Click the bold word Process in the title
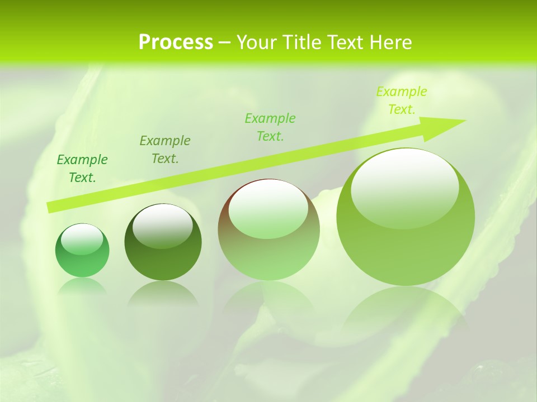pos(176,42)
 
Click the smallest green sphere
pos(82,251)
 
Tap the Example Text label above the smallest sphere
pos(82,169)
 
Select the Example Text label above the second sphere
pos(164,149)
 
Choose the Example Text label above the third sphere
pos(270,127)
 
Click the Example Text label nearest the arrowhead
pos(401,100)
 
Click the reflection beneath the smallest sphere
pos(82,286)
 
